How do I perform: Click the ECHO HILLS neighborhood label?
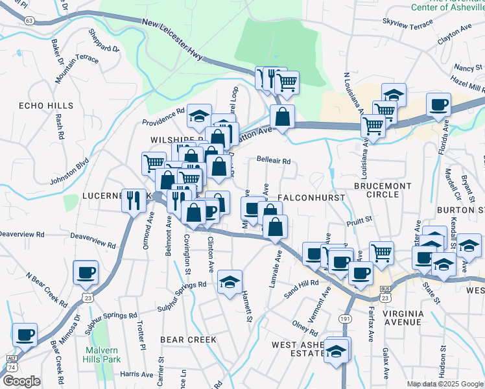[x=45, y=106]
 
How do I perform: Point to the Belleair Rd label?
[x=273, y=161]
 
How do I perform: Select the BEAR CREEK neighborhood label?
[x=188, y=340]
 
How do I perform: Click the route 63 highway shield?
[x=29, y=21]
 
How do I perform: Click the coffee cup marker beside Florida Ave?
[x=438, y=104]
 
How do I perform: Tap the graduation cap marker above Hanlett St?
[x=230, y=282]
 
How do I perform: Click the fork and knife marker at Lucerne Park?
[x=134, y=200]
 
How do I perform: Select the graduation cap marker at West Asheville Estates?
[x=337, y=351]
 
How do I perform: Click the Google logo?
[x=21, y=381]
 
